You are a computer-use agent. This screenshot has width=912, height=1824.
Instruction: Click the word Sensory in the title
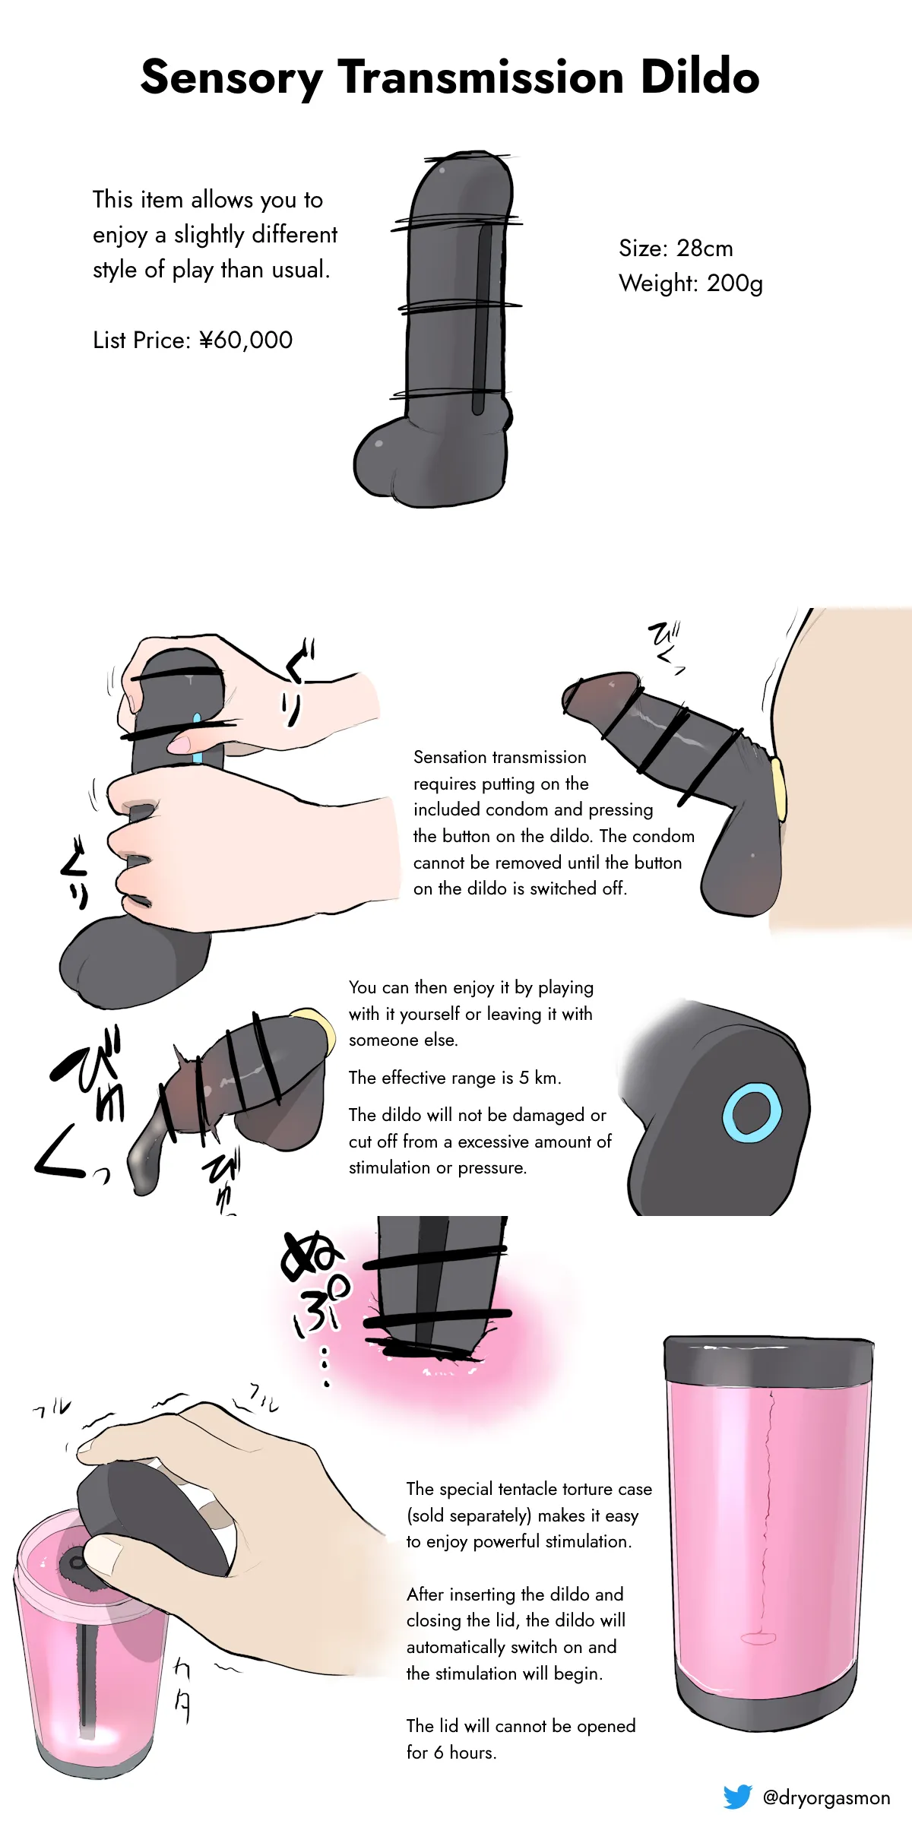coord(232,78)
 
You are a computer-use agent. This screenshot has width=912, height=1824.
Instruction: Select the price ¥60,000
coord(245,340)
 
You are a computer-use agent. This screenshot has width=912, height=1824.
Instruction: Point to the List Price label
coord(141,340)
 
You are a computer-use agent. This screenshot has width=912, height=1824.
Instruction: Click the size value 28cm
coord(705,249)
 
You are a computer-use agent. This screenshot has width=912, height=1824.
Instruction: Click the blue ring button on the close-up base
coord(752,1114)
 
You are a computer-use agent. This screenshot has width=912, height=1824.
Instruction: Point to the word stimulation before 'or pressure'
coord(389,1167)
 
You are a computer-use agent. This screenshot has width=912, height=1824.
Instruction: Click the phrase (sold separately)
coord(469,1515)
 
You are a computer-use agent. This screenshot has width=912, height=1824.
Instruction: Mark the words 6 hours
coord(464,1753)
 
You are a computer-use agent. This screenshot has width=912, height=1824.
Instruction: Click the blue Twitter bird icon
coord(737,1797)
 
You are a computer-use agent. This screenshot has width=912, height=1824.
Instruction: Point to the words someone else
coord(403,1040)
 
